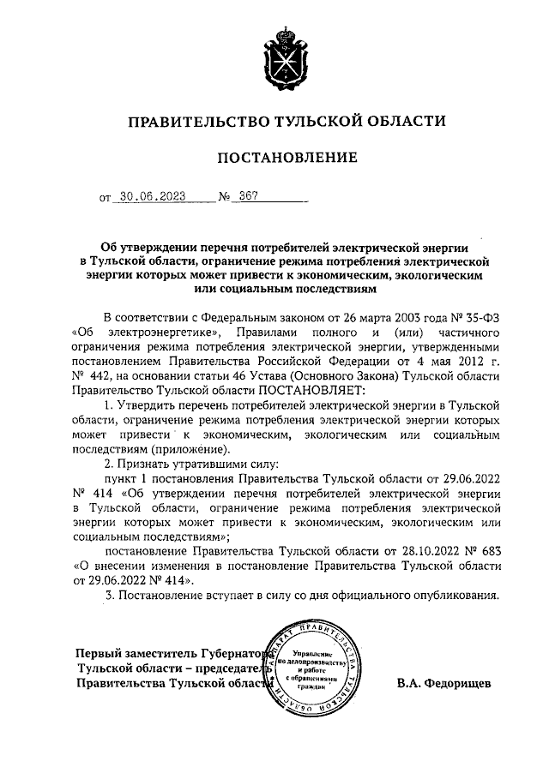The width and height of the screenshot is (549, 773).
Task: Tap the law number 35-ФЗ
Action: pyautogui.click(x=478, y=315)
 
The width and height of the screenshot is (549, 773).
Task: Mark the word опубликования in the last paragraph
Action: pyautogui.click(x=452, y=595)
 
